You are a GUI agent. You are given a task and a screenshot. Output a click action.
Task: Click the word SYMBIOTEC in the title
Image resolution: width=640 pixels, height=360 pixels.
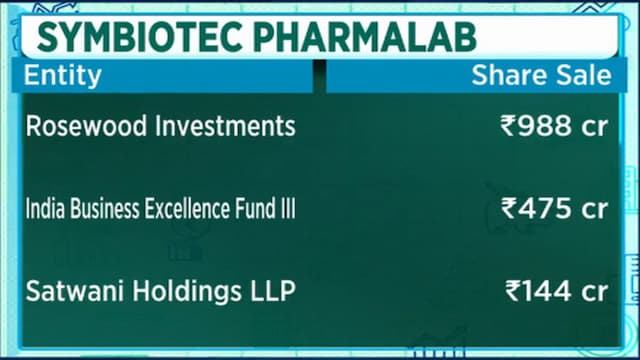point(140,37)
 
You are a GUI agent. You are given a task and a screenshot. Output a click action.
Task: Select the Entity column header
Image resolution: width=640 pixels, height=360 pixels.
point(62,76)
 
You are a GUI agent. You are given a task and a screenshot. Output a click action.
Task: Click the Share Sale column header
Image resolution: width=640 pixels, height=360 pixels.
point(541,75)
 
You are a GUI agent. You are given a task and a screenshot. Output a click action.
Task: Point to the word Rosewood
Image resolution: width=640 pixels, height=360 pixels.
point(86,125)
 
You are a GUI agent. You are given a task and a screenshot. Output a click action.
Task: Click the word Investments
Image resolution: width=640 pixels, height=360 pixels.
point(225,125)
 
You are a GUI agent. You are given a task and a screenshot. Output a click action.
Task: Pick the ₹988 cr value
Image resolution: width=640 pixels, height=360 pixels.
point(554,126)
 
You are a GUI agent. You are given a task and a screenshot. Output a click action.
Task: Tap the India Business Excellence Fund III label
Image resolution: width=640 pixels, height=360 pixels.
point(160,208)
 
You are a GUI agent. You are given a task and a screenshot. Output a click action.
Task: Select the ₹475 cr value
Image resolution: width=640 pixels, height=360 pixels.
point(555,208)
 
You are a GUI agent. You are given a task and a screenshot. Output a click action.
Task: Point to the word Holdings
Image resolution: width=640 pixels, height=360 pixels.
point(187,292)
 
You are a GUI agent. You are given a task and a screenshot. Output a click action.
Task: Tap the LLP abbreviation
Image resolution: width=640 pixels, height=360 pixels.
point(273,291)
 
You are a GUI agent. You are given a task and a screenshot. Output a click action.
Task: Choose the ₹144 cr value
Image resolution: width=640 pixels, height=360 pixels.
point(557,291)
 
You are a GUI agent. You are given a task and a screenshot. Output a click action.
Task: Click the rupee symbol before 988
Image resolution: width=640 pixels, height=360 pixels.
point(509,126)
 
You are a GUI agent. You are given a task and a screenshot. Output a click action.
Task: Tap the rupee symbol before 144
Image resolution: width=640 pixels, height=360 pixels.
point(513,291)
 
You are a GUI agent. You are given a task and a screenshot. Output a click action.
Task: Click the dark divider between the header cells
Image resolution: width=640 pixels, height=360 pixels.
point(320,76)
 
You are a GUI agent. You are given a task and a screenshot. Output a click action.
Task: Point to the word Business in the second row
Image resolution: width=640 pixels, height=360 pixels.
point(106,208)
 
